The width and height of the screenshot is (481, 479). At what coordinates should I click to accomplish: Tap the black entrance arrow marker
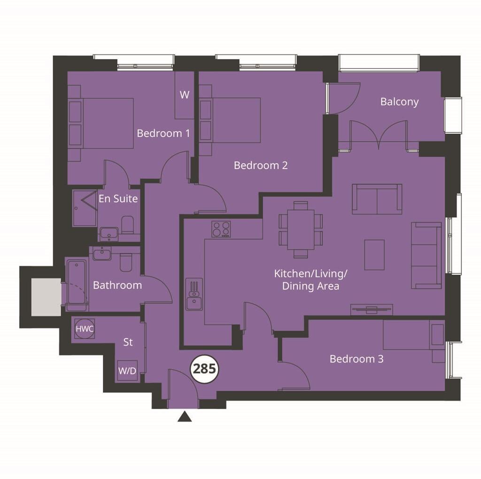pos(185,417)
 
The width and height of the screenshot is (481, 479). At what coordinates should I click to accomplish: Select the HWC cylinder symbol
pos(85,329)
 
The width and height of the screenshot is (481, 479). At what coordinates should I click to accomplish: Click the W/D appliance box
pos(127,371)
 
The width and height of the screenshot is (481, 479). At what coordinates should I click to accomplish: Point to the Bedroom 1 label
pos(163,133)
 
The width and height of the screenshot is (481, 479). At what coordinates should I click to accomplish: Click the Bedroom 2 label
pos(261,165)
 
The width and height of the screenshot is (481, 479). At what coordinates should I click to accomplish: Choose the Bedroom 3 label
pos(357,359)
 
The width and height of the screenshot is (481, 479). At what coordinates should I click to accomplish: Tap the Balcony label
pos(399,102)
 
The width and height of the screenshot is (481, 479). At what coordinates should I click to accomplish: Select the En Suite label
pos(118,199)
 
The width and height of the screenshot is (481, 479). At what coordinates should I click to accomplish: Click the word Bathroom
pos(117,285)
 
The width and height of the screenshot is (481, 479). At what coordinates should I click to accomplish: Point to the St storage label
pos(128,342)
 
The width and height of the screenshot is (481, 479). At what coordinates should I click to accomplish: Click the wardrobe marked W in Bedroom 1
pos(184,95)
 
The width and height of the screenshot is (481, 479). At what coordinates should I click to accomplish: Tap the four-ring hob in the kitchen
pos(221,229)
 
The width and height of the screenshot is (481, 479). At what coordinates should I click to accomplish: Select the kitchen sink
pos(194,294)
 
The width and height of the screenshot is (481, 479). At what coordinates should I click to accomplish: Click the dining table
pos(301,230)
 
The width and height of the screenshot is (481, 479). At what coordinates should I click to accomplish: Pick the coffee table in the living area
pos(374,255)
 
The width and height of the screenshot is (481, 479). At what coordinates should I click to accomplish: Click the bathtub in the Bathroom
pos(77,284)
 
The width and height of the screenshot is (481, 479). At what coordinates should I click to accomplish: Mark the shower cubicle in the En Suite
pos(85,208)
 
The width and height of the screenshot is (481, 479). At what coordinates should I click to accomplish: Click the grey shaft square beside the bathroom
pos(46,297)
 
